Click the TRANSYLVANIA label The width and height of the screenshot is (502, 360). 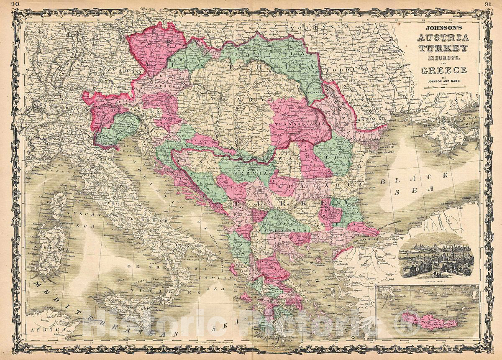(x=296, y=124)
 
